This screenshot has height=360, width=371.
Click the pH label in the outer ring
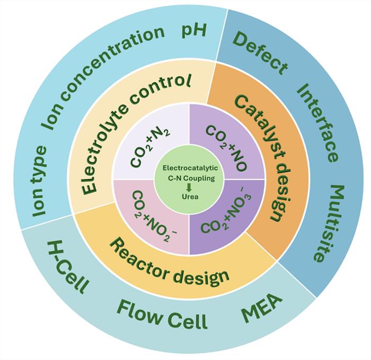(x=193, y=29)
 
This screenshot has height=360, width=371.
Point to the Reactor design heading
(x=170, y=259)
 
